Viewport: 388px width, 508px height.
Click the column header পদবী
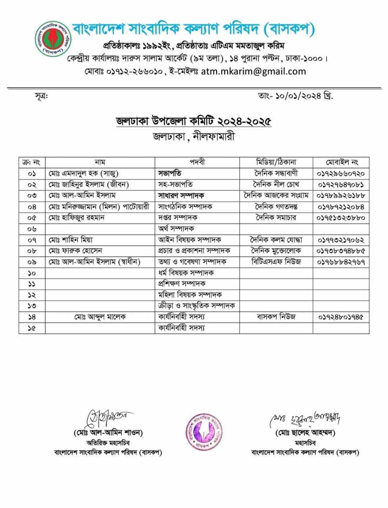197,162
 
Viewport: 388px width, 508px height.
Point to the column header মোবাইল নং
342,162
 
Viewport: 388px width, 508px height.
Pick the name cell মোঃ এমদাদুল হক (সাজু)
84,173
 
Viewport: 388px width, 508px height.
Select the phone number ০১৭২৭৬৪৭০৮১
341,185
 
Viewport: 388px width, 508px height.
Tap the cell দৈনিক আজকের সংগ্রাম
276,195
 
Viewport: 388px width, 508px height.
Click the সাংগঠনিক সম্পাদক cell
185,206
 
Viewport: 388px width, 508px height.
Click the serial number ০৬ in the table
32,229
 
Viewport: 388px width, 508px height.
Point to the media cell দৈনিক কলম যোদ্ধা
276,240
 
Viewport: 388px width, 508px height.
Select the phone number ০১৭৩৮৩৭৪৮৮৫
341,251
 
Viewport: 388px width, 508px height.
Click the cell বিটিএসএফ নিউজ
276,262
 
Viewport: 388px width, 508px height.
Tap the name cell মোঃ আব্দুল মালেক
100,317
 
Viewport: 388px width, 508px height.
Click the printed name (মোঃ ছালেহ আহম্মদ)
305,433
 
